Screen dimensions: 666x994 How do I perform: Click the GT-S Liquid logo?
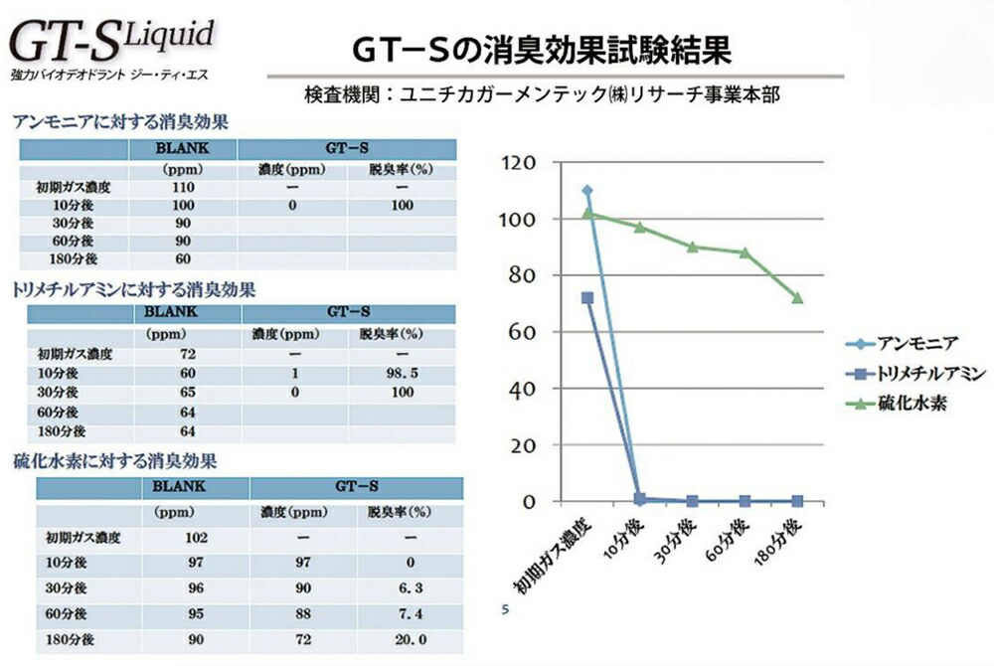point(111,46)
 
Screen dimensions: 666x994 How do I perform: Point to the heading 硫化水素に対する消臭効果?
point(115,461)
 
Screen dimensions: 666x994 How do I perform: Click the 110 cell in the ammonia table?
point(182,188)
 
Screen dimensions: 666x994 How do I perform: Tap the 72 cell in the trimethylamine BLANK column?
point(187,354)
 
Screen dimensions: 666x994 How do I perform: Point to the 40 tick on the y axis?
point(527,389)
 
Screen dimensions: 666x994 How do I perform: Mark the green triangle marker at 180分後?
point(797,298)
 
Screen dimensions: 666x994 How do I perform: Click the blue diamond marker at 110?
point(587,191)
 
